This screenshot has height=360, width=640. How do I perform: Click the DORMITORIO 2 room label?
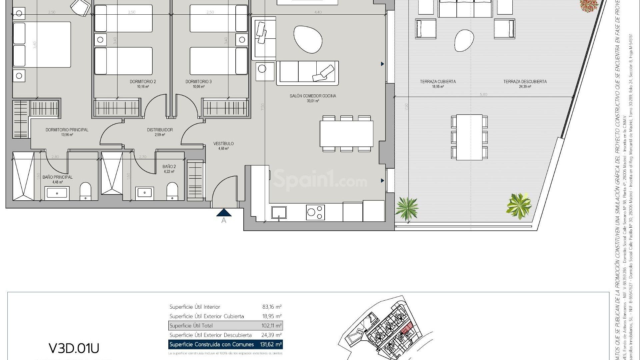(x=143, y=82)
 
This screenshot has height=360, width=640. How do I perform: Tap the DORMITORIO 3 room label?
(x=198, y=82)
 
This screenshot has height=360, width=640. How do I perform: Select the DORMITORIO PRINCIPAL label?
(x=67, y=130)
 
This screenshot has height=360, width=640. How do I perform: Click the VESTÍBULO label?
(x=223, y=144)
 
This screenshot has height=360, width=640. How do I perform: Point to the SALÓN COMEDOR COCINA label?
(x=313, y=96)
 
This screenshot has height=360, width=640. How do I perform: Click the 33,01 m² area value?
(x=313, y=101)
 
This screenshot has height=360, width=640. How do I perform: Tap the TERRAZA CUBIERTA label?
(x=438, y=82)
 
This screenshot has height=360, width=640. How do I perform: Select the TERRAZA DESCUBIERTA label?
(x=525, y=82)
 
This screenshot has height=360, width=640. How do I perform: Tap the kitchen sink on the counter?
(x=279, y=212)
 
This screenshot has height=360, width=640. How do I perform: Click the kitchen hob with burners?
(x=315, y=212)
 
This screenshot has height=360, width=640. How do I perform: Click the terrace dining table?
(x=469, y=137)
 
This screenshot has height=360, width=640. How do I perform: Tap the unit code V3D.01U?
(x=74, y=348)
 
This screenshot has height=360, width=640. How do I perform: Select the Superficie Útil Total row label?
(x=191, y=326)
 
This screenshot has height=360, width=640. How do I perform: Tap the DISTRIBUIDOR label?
(x=160, y=130)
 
